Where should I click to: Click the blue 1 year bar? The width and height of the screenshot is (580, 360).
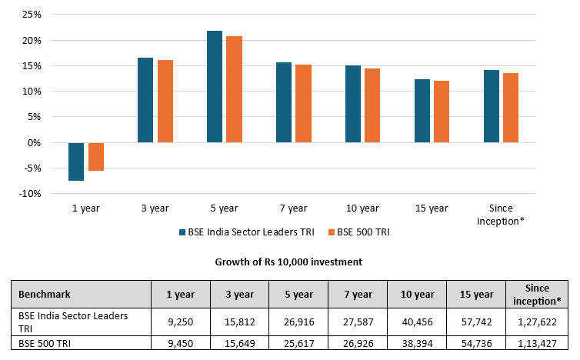point(76,162)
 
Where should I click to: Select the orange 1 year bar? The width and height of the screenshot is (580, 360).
point(96,156)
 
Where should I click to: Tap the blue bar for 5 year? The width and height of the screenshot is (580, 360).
point(215,87)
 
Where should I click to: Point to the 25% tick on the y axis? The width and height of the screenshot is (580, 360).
point(30,15)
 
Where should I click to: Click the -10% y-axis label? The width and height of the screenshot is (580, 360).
point(28,194)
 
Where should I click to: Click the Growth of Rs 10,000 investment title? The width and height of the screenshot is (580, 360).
point(290,262)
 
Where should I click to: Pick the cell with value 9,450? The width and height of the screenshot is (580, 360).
point(179,342)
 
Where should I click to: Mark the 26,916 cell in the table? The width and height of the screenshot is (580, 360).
point(298,322)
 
